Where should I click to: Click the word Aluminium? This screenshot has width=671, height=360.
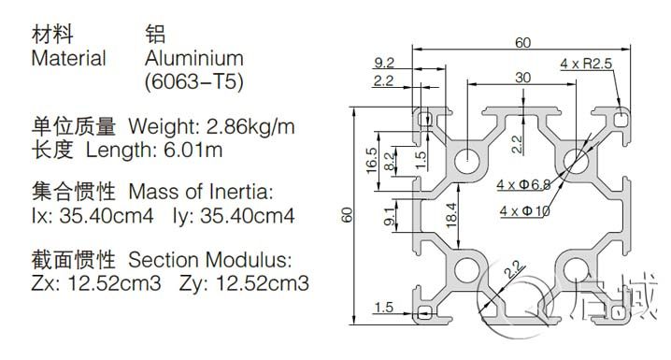pos(193,58)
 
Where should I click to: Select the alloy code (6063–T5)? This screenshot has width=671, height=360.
pos(193,81)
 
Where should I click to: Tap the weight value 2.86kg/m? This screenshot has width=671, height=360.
pos(250,127)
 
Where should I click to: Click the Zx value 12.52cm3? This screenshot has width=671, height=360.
pos(115,283)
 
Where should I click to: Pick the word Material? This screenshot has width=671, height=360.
pos(68,58)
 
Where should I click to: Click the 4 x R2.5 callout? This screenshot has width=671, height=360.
pos(586,64)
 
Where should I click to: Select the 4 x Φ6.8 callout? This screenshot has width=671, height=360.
pos(523,184)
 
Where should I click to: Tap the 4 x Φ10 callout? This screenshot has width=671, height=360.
pos(524,210)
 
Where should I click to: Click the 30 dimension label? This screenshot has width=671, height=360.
pos(523,78)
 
